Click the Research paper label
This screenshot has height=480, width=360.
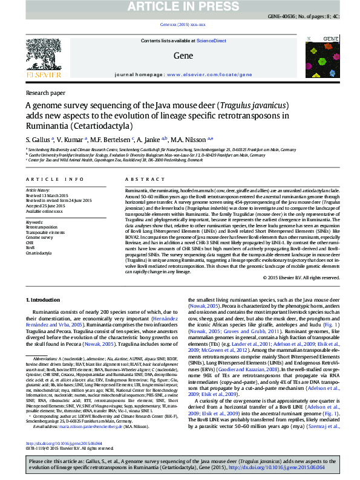pos(45,93)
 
